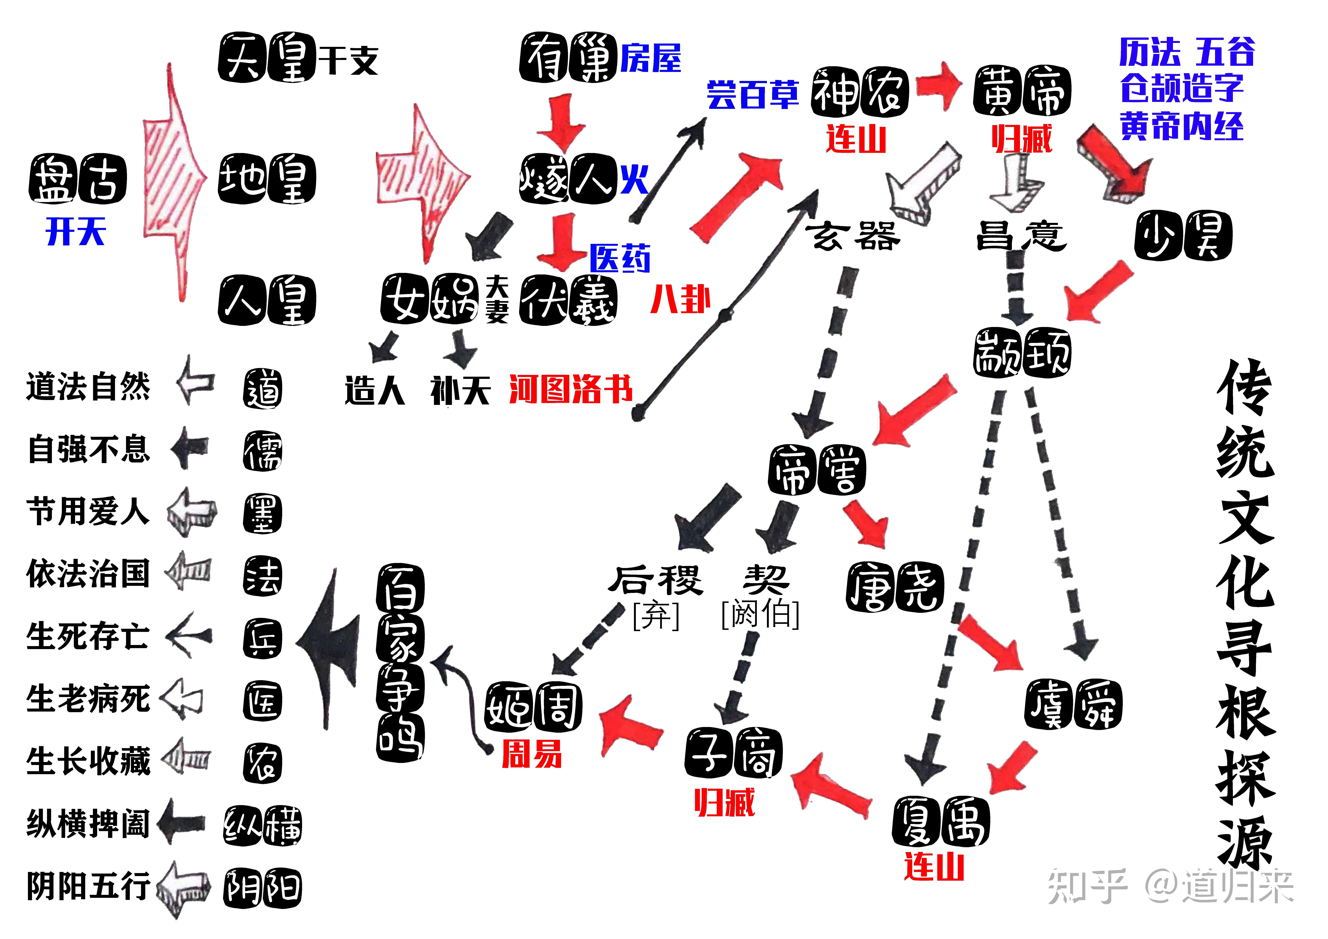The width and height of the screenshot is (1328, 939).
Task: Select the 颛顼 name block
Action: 1022,353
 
